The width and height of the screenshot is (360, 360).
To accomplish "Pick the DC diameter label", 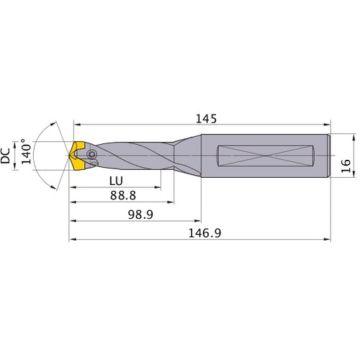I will coord(7,156).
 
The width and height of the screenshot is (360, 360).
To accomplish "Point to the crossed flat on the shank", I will coord(267,155).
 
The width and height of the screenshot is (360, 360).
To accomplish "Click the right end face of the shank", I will coord(330,155).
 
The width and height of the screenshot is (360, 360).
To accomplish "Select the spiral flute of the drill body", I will coord(133,155).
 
